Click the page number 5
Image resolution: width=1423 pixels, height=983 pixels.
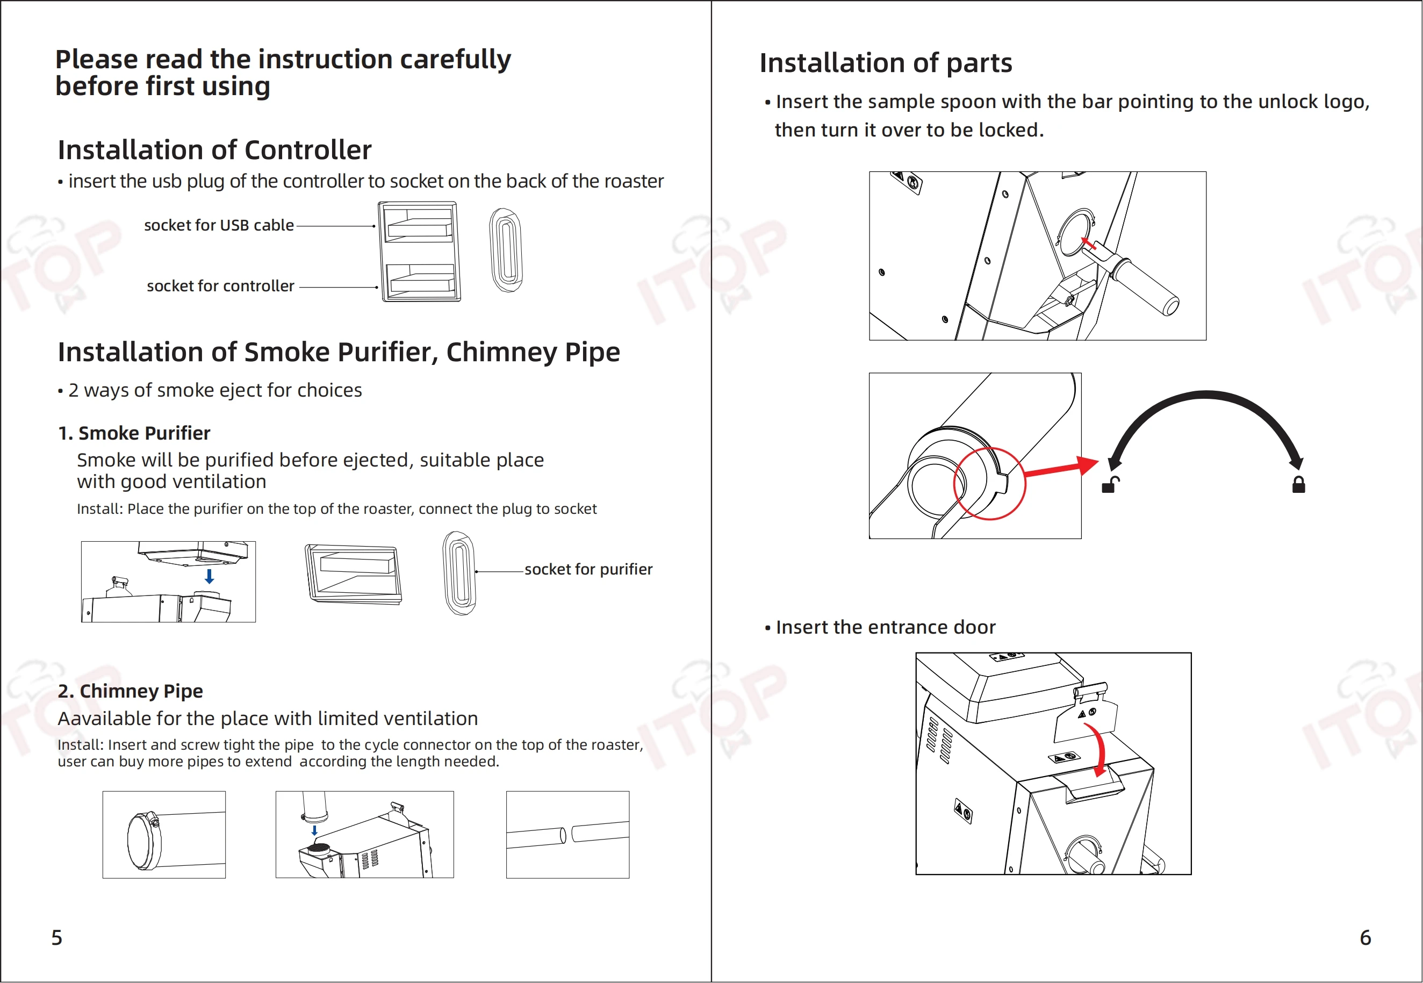point(56,937)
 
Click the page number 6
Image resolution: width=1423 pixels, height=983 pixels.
point(1365,937)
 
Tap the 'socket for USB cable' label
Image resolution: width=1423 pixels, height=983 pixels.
point(219,225)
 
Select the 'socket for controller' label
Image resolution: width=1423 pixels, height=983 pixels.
point(220,286)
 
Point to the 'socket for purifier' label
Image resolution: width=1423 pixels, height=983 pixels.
point(588,569)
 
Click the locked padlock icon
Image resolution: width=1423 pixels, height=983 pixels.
point(1299,485)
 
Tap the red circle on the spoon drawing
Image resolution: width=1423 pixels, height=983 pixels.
point(989,484)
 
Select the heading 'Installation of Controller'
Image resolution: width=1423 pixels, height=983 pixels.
point(214,149)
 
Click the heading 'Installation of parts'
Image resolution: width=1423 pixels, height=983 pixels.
point(886,63)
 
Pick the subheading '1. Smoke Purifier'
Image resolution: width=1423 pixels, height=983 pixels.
point(134,433)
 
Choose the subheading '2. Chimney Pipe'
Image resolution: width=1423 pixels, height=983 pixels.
point(131,691)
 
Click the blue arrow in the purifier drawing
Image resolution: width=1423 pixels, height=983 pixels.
point(210,577)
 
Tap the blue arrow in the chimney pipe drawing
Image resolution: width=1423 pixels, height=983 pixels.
point(315,830)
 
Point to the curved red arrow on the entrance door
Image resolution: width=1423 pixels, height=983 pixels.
point(1098,748)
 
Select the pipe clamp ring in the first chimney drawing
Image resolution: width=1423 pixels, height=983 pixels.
point(145,840)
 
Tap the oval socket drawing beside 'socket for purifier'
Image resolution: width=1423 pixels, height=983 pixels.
point(459,573)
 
